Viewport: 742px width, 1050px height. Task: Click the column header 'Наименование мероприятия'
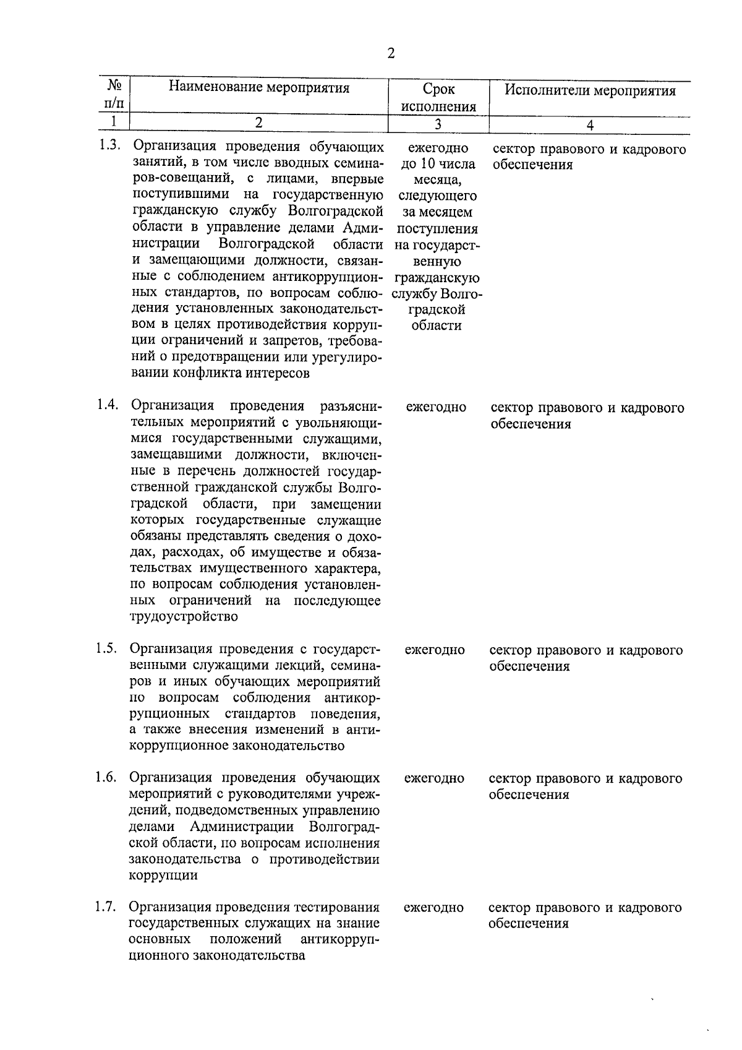click(x=259, y=88)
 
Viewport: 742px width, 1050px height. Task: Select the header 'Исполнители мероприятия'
click(x=589, y=92)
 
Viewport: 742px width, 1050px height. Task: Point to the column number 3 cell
click(x=437, y=124)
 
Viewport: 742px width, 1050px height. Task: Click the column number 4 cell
click(x=589, y=125)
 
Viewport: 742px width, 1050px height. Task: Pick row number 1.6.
click(x=106, y=777)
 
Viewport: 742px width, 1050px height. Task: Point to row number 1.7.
click(x=106, y=907)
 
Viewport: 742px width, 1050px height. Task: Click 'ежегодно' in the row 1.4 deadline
click(x=436, y=408)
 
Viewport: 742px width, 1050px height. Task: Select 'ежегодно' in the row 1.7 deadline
click(x=433, y=908)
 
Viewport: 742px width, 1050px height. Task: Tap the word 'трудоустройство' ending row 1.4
click(x=184, y=617)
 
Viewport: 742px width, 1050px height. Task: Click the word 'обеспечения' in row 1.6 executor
click(x=529, y=794)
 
